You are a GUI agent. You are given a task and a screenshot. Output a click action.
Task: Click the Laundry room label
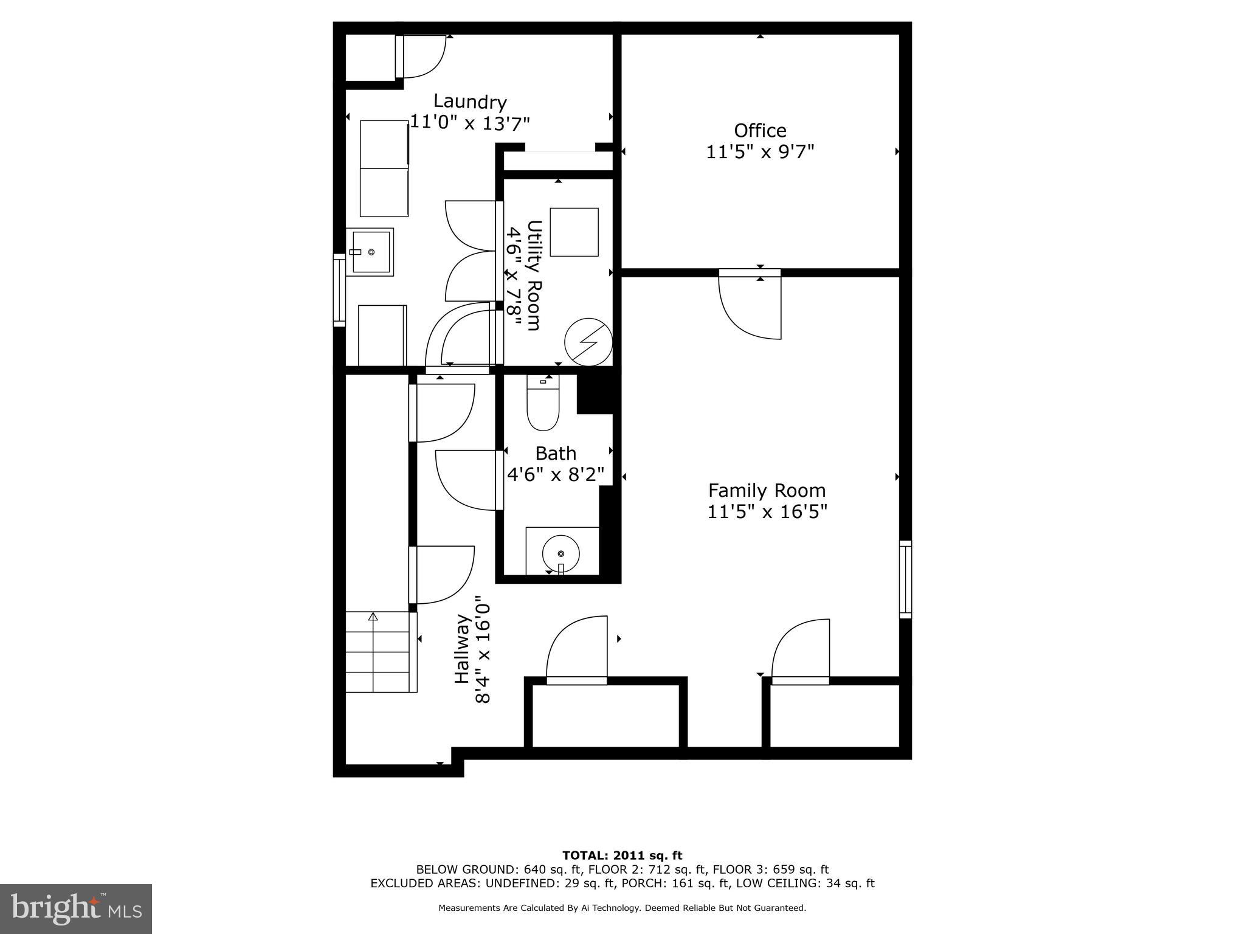click(469, 101)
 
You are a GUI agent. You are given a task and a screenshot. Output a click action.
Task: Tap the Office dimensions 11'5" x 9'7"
click(759, 151)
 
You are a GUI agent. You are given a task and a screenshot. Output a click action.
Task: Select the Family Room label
click(767, 490)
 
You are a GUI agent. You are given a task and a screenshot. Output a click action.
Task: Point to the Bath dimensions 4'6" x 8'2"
click(556, 474)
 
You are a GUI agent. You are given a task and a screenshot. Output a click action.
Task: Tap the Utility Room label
click(534, 275)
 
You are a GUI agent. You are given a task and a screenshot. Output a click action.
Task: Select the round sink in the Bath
click(560, 553)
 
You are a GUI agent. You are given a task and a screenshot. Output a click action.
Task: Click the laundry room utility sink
click(370, 252)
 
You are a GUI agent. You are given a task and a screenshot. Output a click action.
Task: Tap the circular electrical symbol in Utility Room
click(587, 343)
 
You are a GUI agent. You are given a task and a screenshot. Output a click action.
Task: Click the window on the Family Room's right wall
click(905, 579)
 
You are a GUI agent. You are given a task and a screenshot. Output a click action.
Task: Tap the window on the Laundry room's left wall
click(339, 290)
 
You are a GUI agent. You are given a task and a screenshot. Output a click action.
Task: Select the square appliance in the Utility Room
click(574, 232)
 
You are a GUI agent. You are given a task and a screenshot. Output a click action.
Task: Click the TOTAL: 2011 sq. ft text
click(622, 856)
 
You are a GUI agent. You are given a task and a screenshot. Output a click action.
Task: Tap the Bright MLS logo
click(76, 908)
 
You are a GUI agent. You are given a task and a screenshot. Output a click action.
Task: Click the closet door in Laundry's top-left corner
click(421, 57)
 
